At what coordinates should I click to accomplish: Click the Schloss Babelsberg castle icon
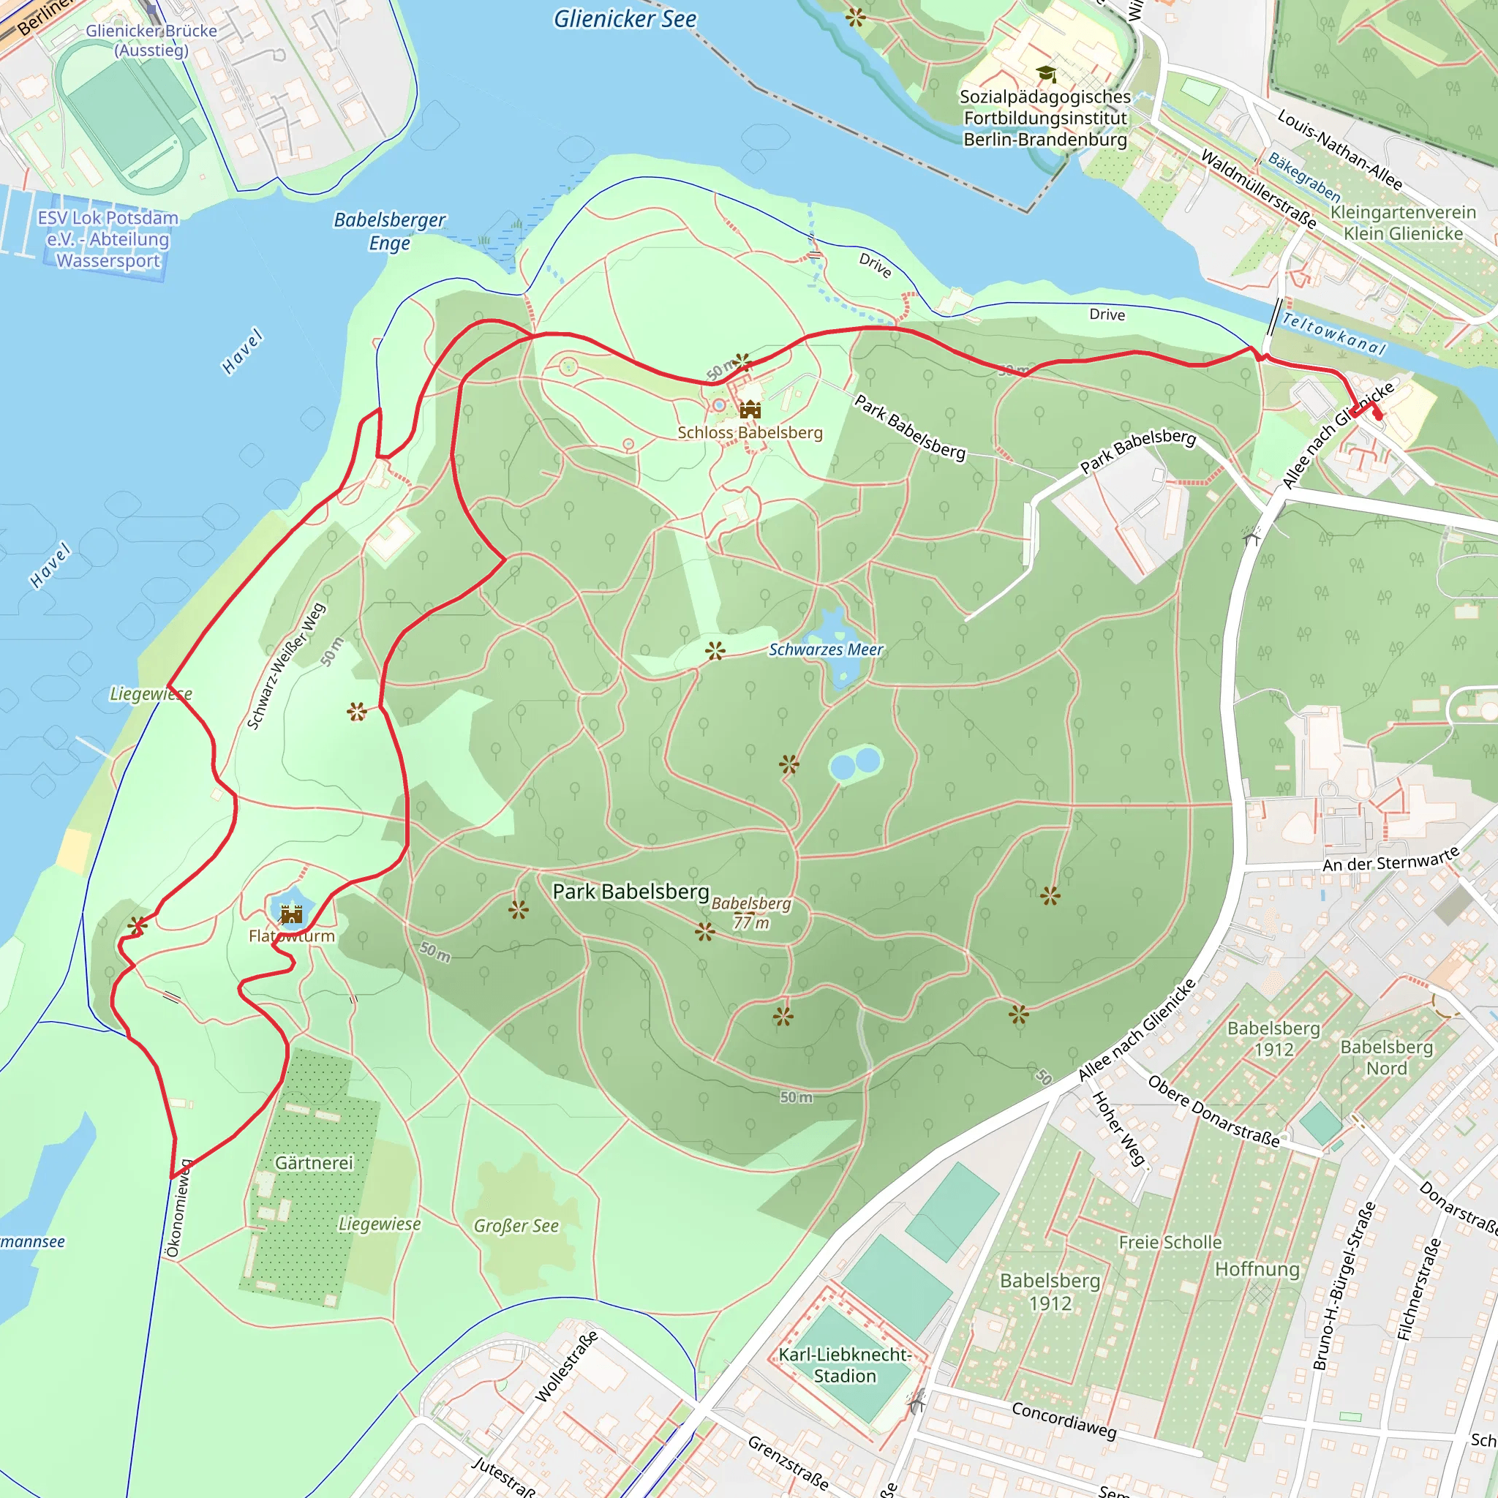[x=750, y=410]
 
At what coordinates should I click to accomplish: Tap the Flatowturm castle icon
[x=292, y=915]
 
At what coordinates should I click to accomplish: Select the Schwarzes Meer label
[x=826, y=650]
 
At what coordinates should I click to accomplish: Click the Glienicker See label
[x=625, y=20]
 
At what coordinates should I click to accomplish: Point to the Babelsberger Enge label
[x=389, y=231]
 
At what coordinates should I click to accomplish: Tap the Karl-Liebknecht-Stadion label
[x=844, y=1365]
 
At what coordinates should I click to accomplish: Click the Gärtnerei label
[x=314, y=1163]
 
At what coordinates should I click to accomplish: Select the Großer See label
[x=516, y=1226]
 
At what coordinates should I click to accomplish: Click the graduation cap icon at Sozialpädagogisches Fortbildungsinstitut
[x=1046, y=74]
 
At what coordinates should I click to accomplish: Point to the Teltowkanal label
[x=1333, y=334]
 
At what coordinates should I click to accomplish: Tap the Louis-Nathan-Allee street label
[x=1340, y=151]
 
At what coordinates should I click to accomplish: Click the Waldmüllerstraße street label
[x=1257, y=189]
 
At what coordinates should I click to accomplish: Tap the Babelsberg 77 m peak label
[x=751, y=913]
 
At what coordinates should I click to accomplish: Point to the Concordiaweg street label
[x=1064, y=1420]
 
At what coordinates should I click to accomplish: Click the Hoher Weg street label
[x=1118, y=1128]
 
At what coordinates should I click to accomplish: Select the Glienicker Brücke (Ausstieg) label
[x=151, y=40]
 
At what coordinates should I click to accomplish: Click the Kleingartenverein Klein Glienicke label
[x=1404, y=222]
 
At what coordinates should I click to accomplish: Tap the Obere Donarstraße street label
[x=1213, y=1111]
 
